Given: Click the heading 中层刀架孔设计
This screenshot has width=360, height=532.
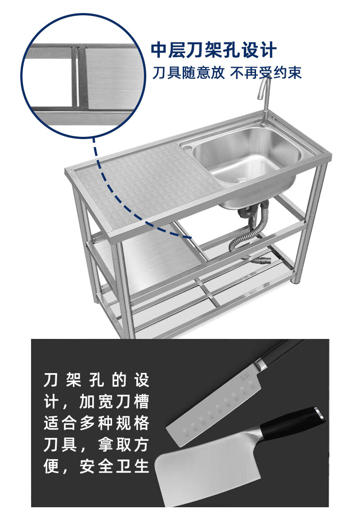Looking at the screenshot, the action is coord(213,50).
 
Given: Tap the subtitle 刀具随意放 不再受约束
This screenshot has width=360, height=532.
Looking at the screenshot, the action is coord(227,72).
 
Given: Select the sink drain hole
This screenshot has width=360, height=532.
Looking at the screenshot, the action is coord(242,180).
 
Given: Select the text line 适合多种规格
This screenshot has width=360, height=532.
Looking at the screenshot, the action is coord(96,423).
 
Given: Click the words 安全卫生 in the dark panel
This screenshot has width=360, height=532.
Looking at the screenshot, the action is coord(114,466).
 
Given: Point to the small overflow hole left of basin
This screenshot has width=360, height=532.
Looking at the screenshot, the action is coord(187,148).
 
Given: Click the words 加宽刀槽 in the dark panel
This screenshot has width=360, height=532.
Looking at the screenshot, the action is coord(114,402).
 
